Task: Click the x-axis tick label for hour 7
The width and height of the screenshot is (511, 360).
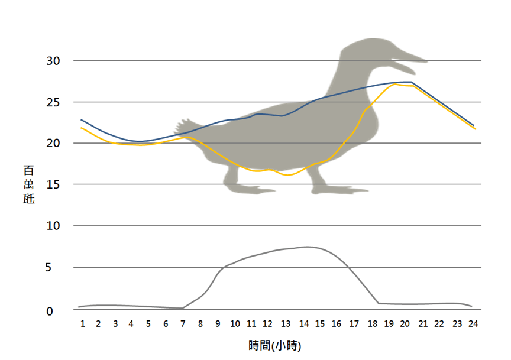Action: pos(183,324)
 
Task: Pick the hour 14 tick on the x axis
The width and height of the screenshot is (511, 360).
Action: pos(304,324)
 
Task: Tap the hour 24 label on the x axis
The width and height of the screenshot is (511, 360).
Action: pos(473,324)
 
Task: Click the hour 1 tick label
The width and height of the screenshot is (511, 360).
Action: pos(83,324)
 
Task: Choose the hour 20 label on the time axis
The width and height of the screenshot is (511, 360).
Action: pos(405,324)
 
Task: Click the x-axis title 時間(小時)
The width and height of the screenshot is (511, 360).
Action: pos(276,345)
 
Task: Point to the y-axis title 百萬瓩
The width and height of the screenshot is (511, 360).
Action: pos(28,184)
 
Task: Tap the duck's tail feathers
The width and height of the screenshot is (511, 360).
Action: pos(182,125)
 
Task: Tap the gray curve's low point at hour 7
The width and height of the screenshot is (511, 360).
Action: pos(183,308)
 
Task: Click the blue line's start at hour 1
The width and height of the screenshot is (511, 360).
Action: pos(82,119)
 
